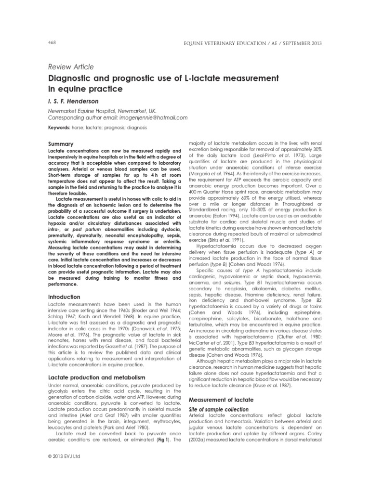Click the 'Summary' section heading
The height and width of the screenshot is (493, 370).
(x=61, y=144)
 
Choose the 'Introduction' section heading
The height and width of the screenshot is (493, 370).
(x=65, y=297)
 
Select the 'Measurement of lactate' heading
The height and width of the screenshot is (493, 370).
(x=220, y=400)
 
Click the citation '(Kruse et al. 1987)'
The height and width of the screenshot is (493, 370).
(x=268, y=386)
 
